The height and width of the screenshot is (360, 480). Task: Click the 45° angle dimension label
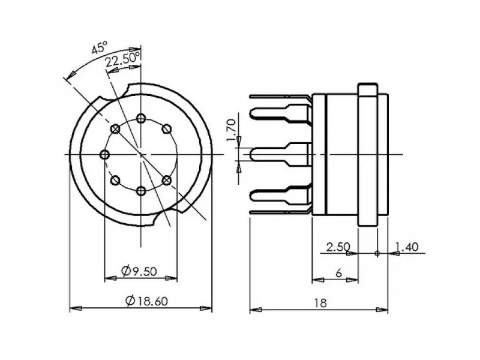click(x=99, y=49)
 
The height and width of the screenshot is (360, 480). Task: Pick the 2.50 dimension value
click(x=337, y=247)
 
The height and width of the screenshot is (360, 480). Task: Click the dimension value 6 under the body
click(x=338, y=272)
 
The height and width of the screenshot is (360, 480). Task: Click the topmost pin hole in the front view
click(x=141, y=118)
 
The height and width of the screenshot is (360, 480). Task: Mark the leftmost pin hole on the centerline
click(x=104, y=155)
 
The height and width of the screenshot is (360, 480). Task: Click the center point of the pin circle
click(x=141, y=155)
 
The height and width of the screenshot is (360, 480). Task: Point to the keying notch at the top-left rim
click(x=125, y=91)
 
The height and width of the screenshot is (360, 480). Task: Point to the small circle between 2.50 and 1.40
click(x=377, y=253)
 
